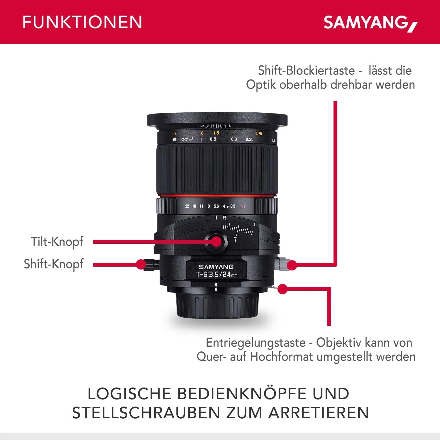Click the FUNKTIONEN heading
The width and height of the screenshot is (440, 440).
pos(82,22)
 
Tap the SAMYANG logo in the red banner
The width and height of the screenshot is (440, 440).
pos(370,23)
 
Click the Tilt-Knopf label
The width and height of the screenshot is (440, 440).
pos(57,242)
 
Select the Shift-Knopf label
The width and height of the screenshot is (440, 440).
pos(54,264)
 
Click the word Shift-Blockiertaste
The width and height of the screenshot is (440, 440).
pos(306,71)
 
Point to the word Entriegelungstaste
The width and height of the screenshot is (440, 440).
pos(256,343)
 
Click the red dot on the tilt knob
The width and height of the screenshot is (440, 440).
pos(216,242)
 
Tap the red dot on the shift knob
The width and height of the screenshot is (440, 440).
pos(141,264)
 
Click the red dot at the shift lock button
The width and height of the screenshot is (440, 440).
pos(292,265)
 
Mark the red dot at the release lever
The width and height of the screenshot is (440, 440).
pos(282,289)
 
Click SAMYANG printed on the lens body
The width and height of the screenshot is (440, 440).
pos(216,267)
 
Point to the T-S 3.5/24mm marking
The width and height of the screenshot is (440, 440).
pos(216,275)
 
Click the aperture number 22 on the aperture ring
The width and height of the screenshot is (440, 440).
pos(187,206)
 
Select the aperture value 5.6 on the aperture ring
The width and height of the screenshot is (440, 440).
pos(216,206)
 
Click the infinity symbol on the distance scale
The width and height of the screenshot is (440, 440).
pos(185,139)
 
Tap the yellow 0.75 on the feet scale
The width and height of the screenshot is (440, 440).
pos(258,133)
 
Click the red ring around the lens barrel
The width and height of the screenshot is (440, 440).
pos(217,195)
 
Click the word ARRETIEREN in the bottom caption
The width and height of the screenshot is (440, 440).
pos(319,413)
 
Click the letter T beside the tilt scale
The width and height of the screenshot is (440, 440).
pos(236,240)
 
